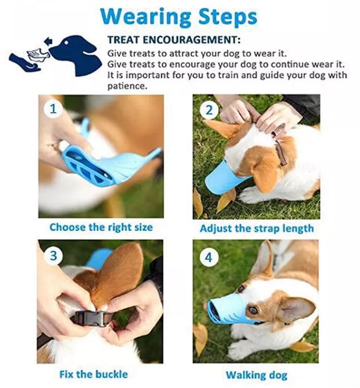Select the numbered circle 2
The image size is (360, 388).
(x=209, y=110)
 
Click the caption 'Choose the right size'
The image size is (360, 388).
(x=101, y=227)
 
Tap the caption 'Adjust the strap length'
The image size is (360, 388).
(x=257, y=229)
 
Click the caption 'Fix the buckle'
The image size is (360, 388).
(x=94, y=374)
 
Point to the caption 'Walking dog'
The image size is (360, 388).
(x=257, y=374)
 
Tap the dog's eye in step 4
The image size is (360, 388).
(x=253, y=310)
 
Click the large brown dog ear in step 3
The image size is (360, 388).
(x=119, y=275)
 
